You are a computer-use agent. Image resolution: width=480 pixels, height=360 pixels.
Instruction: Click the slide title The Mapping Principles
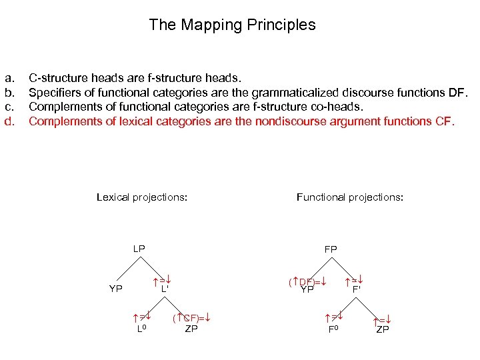tap(232, 25)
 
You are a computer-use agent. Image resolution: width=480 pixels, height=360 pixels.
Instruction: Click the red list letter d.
tap(9, 121)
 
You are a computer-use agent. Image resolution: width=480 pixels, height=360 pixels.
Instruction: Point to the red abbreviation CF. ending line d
tap(445, 121)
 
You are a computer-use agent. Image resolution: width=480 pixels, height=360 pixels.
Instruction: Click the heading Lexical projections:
tap(141, 197)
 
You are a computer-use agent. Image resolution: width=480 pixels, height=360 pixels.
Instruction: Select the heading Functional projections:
tap(349, 197)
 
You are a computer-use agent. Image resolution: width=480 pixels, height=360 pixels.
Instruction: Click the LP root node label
tap(139, 249)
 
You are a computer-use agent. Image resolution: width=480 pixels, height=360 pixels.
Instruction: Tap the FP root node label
tap(331, 249)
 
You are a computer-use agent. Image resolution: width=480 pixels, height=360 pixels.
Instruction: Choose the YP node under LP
tap(116, 289)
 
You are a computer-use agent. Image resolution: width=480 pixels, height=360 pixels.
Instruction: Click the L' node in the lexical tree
tap(165, 289)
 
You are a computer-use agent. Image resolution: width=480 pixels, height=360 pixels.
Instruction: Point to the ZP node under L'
tap(191, 329)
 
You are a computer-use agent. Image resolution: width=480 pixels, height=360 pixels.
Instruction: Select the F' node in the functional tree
tap(357, 289)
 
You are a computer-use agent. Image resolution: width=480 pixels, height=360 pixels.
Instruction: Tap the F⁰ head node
tap(333, 329)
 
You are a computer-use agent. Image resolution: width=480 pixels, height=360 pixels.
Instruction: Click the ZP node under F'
tap(383, 329)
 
